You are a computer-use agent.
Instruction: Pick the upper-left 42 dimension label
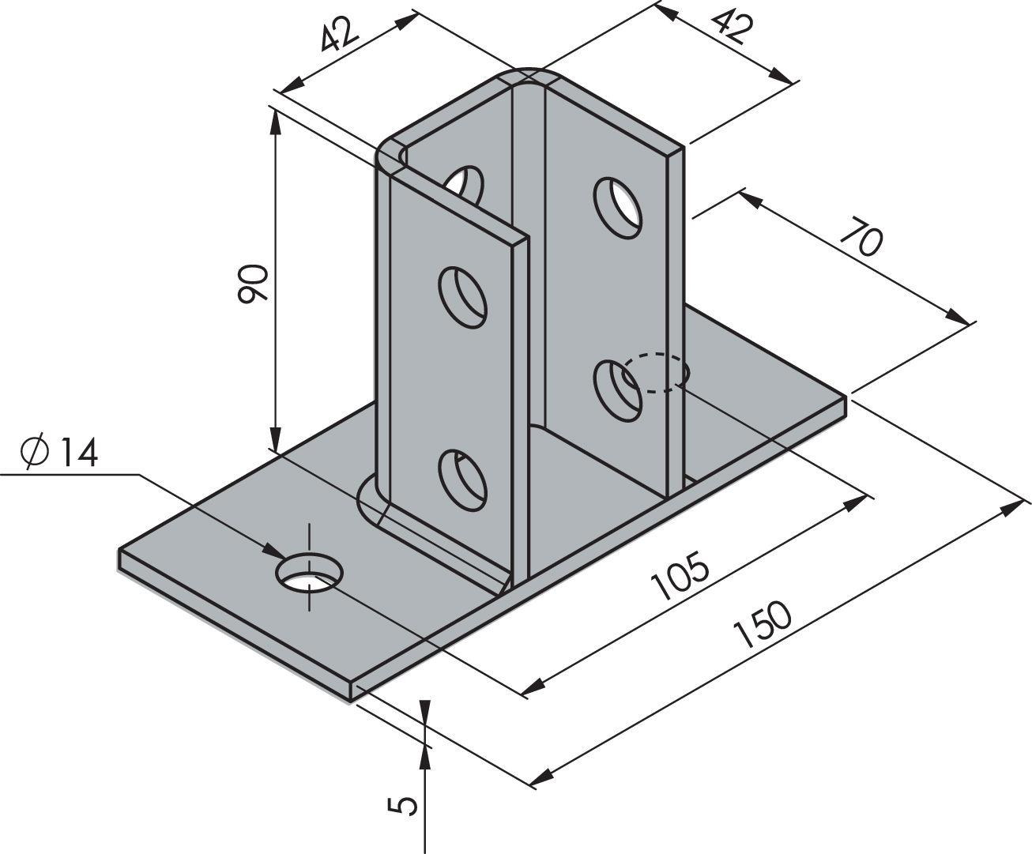341,36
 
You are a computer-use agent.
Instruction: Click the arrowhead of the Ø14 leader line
273,550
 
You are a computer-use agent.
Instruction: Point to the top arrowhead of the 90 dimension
275,119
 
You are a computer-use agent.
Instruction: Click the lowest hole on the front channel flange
463,478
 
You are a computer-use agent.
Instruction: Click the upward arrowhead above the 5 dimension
425,757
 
